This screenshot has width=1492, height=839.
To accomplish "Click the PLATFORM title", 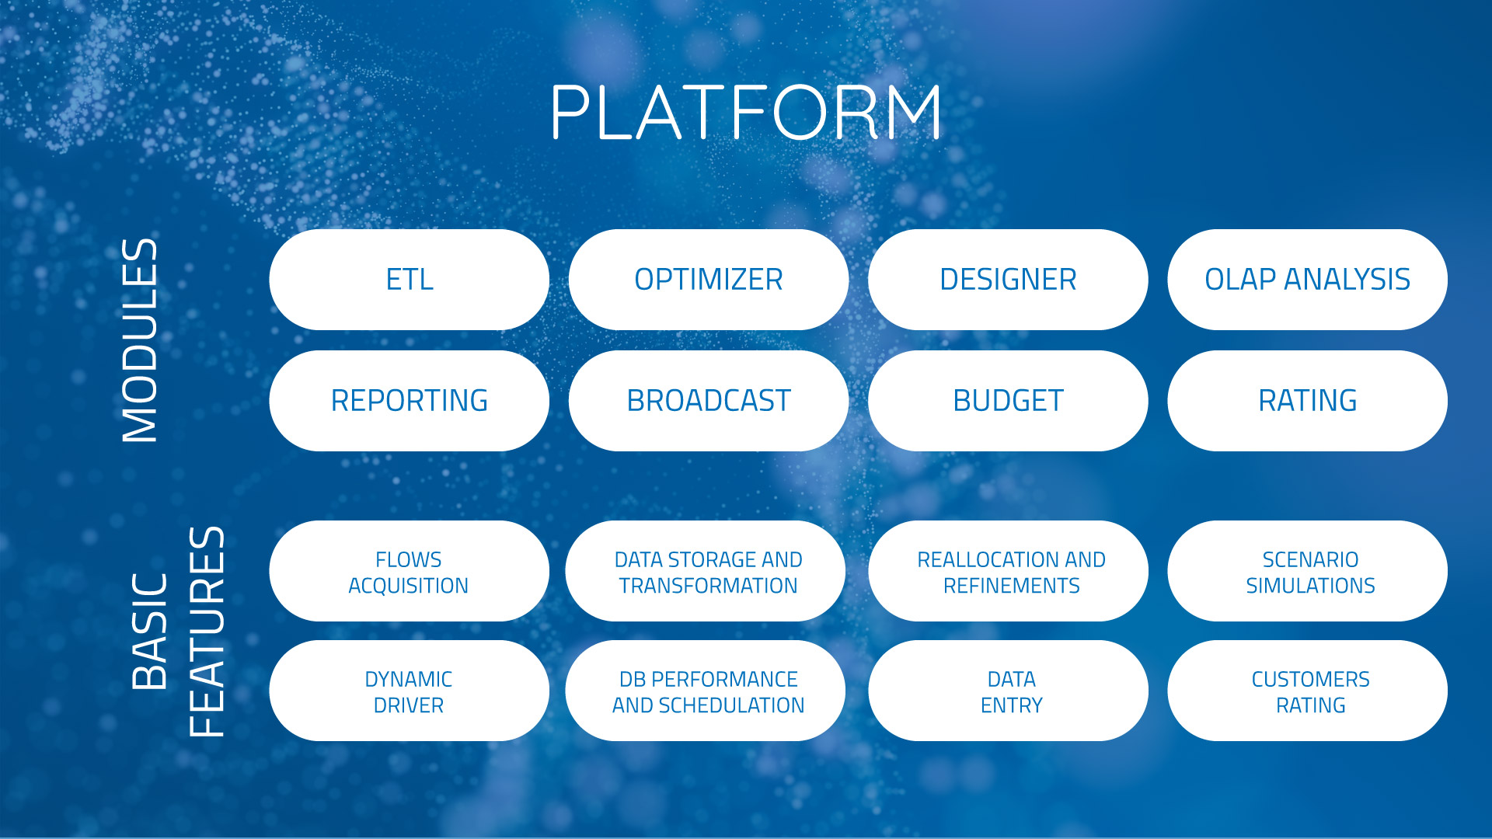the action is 746,112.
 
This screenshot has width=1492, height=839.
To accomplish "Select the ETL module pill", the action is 410,280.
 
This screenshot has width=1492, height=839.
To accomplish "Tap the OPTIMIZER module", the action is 709,280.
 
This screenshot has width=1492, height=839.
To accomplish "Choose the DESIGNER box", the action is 1008,280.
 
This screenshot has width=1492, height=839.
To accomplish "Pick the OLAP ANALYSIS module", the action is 1307,280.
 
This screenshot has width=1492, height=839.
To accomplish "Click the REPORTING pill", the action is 410,401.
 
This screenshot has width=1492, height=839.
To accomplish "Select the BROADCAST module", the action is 709,401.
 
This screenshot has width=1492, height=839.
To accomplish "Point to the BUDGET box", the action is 1008,401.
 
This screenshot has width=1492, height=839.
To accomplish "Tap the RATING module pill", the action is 1307,401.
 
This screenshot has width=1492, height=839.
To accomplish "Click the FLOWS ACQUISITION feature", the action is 410,571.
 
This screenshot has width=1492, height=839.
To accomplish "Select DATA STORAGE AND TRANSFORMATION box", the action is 706,571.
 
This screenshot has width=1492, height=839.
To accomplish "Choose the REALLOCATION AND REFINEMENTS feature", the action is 1008,571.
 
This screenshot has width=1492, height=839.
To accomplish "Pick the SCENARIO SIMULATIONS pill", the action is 1307,571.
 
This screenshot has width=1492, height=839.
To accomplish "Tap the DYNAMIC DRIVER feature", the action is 410,691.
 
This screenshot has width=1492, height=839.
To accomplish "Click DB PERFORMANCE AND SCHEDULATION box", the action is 706,691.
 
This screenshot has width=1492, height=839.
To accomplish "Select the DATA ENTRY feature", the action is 1008,691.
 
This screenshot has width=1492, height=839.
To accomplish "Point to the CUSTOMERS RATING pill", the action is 1307,691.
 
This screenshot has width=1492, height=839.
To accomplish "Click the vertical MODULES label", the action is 141,340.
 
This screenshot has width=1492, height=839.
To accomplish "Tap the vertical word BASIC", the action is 150,632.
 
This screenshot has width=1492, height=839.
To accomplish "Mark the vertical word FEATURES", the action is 207,632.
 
